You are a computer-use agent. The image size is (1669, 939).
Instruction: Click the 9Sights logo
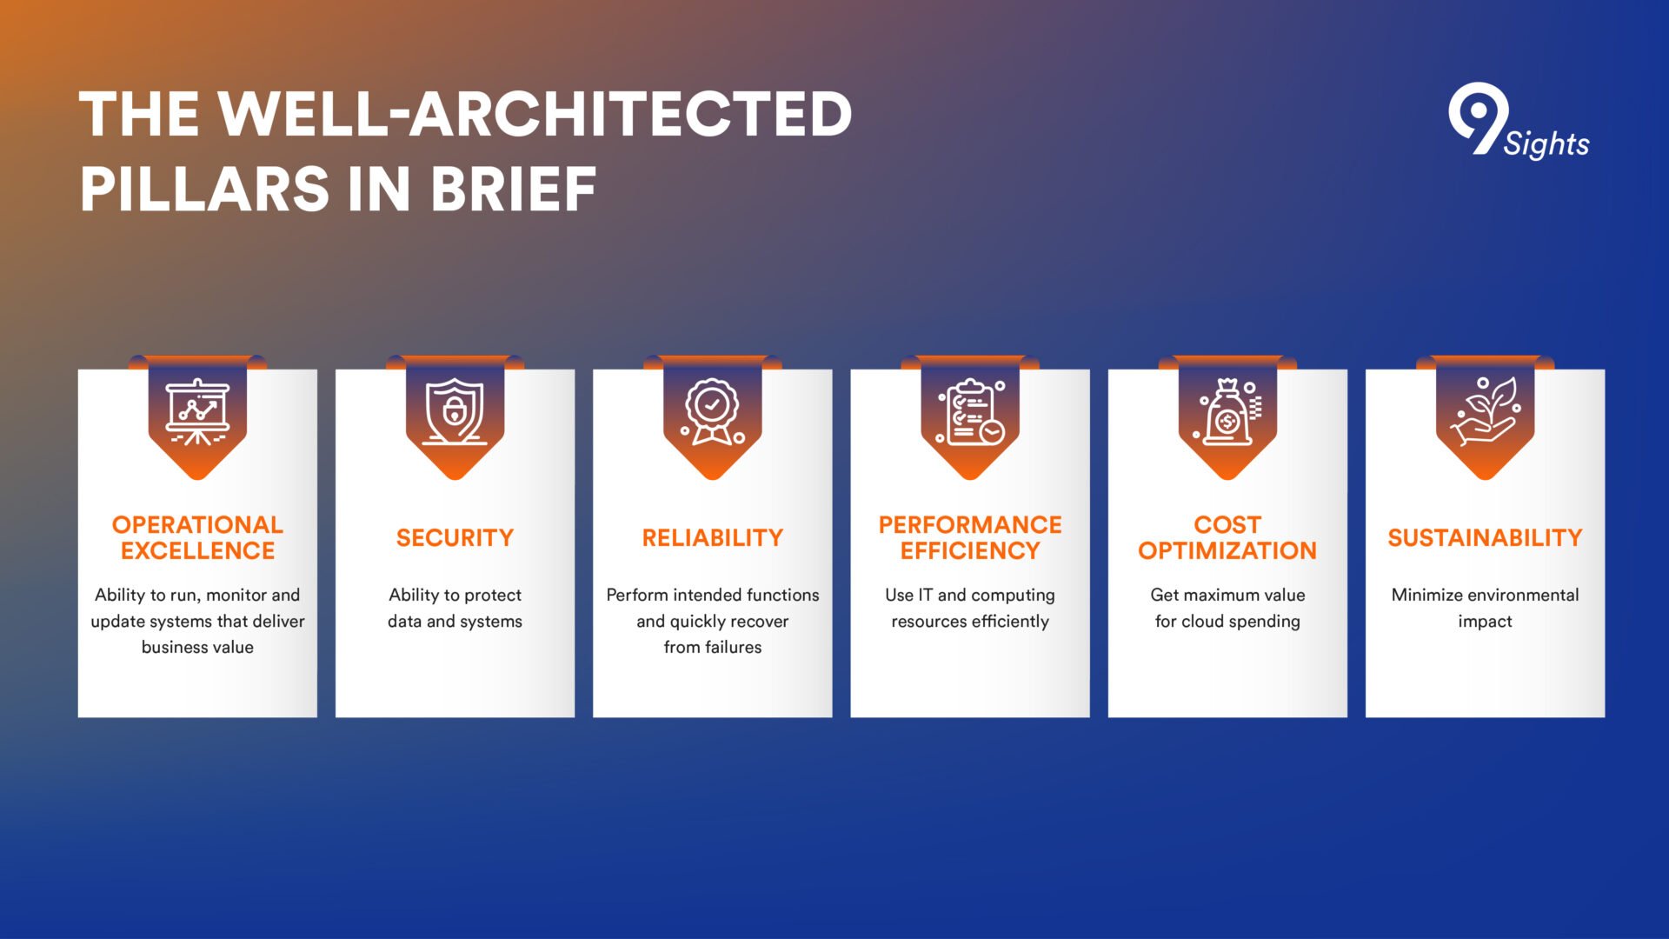(x=1518, y=122)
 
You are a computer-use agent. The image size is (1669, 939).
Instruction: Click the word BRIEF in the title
(x=513, y=190)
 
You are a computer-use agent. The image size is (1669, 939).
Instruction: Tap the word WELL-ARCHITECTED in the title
(x=535, y=114)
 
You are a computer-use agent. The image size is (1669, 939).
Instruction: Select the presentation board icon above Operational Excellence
(x=197, y=412)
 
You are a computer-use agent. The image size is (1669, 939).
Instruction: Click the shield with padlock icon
(x=455, y=412)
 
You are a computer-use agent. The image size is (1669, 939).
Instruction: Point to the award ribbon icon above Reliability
(x=713, y=412)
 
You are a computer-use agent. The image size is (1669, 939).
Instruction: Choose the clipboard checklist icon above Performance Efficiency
(x=970, y=412)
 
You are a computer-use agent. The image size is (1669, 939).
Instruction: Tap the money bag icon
(x=1227, y=412)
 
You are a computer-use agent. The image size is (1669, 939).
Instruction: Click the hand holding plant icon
(x=1485, y=410)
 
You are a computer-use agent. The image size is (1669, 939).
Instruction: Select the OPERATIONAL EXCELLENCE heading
(x=197, y=537)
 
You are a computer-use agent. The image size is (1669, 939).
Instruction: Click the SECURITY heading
(x=455, y=538)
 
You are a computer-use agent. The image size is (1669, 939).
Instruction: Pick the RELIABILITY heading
(x=713, y=538)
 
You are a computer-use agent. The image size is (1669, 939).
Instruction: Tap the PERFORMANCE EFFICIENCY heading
(x=970, y=537)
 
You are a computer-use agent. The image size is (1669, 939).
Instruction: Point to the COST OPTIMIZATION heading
(x=1227, y=537)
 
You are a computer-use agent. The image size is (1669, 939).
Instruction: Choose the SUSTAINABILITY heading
(x=1485, y=538)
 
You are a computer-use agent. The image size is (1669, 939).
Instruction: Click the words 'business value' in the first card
(x=197, y=647)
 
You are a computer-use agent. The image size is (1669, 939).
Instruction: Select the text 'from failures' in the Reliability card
(x=713, y=647)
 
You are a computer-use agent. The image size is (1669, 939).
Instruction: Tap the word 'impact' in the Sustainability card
(x=1485, y=622)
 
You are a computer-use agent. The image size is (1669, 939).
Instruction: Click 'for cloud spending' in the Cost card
(x=1227, y=622)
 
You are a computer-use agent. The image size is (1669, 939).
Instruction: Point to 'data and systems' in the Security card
(x=455, y=622)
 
